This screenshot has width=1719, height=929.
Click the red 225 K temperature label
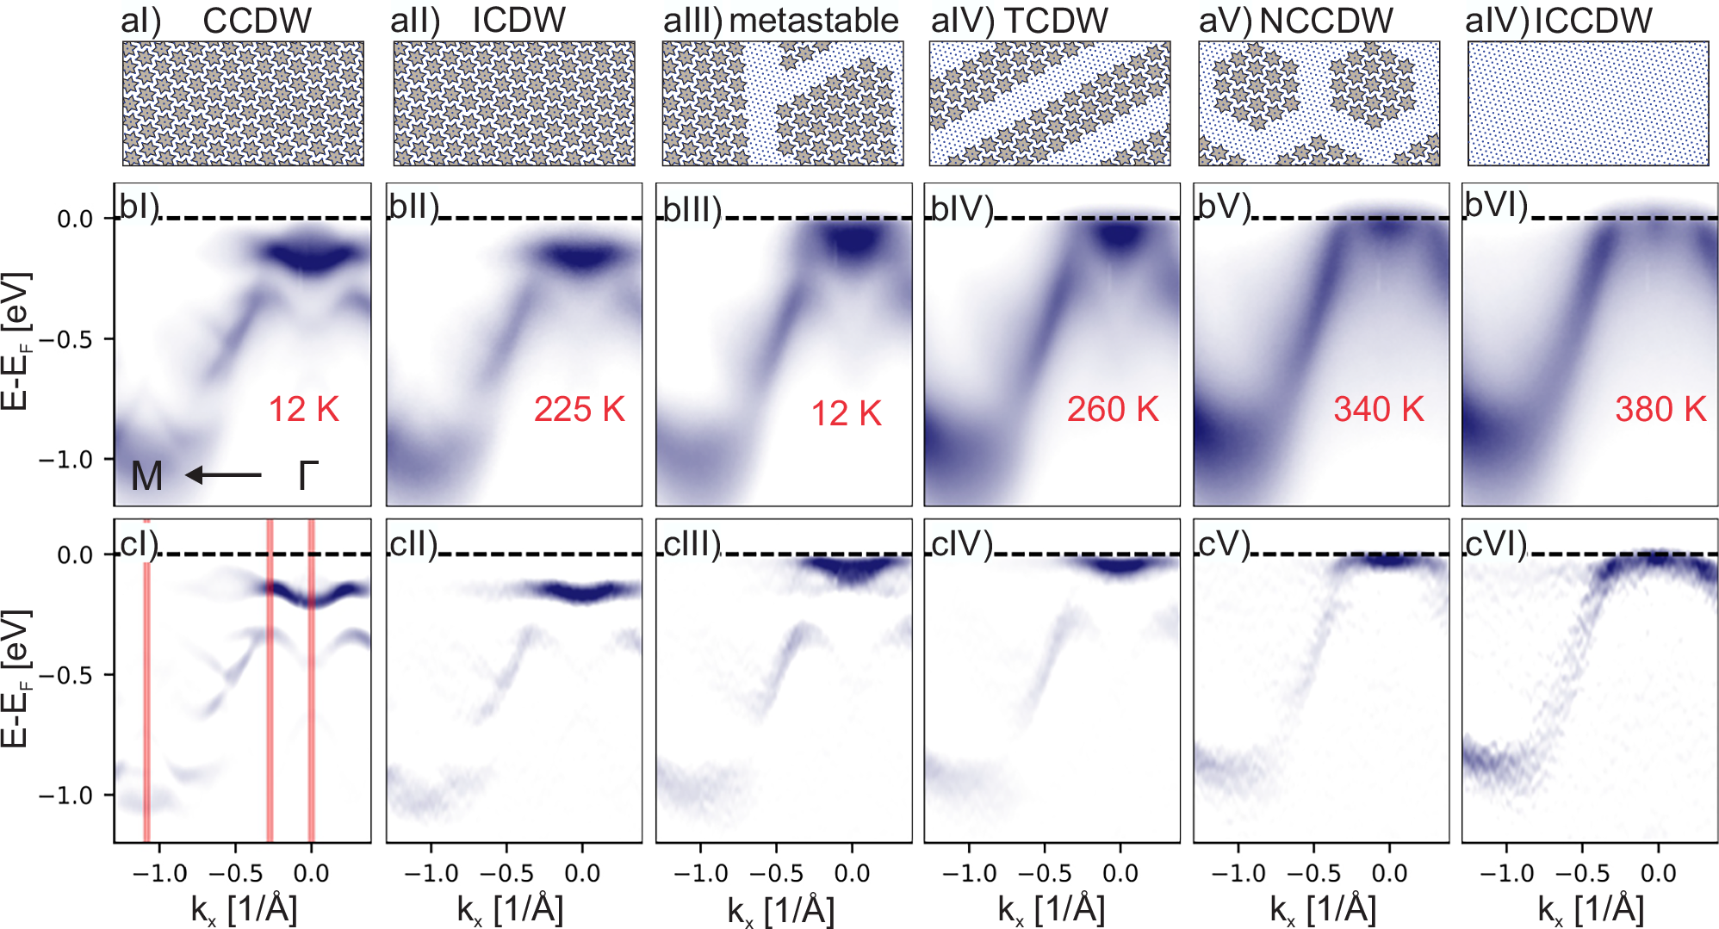pyautogui.click(x=579, y=410)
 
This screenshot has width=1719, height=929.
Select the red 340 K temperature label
pyautogui.click(x=1379, y=410)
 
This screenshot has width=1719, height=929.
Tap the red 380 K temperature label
pyautogui.click(x=1660, y=410)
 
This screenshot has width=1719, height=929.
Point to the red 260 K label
pyautogui.click(x=1113, y=410)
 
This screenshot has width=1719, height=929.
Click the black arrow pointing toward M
pyautogui.click(x=223, y=475)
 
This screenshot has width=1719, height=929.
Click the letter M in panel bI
pyautogui.click(x=146, y=476)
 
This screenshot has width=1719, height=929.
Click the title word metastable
pyautogui.click(x=814, y=21)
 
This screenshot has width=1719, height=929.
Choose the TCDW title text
pyautogui.click(x=1056, y=21)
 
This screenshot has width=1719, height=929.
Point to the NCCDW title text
pyautogui.click(x=1326, y=21)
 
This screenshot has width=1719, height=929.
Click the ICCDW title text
pyautogui.click(x=1593, y=21)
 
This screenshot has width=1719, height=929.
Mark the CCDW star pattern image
pyautogui.click(x=243, y=103)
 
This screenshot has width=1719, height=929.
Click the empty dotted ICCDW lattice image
pyautogui.click(x=1588, y=103)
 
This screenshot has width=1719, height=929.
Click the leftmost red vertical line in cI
pyautogui.click(x=146, y=680)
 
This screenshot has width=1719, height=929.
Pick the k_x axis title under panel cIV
pyautogui.click(x=1051, y=910)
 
